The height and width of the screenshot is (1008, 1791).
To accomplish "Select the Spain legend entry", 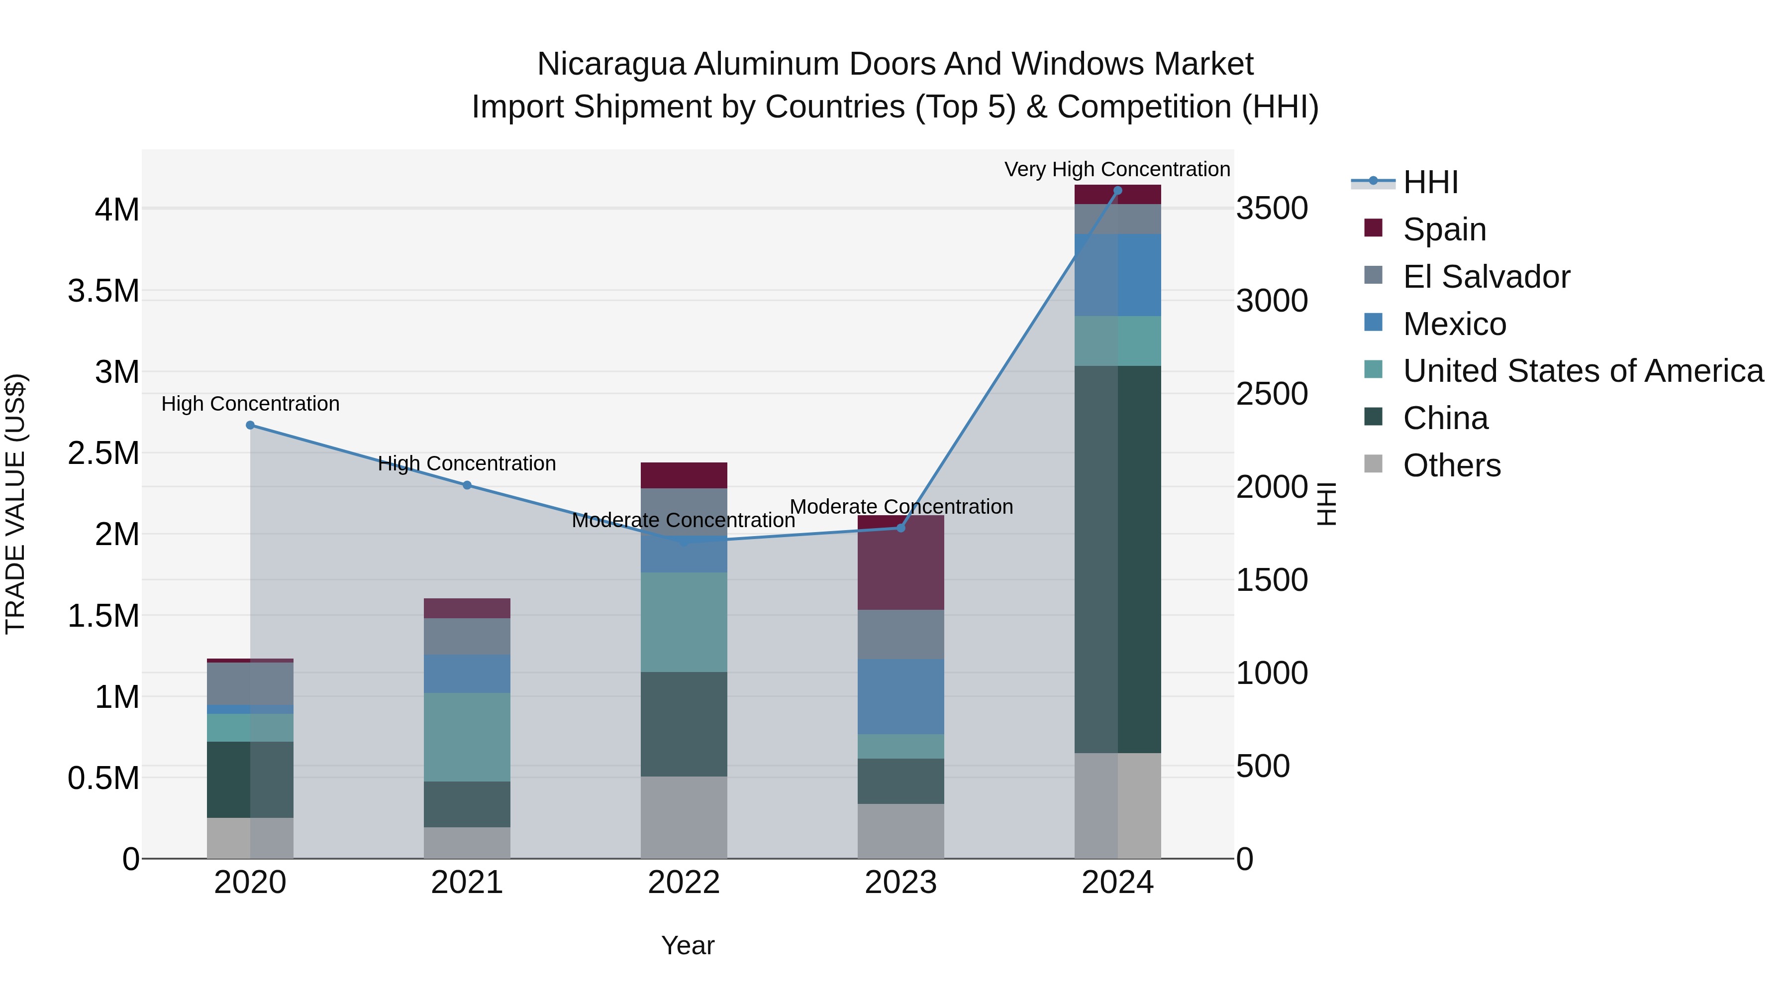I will (1444, 229).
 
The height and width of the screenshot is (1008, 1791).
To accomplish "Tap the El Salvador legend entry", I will (1486, 277).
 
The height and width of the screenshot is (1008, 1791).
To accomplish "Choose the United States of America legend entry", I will (1583, 371).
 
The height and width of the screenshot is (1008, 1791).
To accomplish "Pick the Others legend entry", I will (1452, 465).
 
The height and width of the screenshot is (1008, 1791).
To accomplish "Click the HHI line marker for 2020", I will (250, 425).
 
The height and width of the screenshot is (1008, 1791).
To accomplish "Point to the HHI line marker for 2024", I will (1118, 191).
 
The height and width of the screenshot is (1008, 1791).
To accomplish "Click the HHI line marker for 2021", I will (467, 485).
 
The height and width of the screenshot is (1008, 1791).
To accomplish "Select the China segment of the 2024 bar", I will (1118, 560).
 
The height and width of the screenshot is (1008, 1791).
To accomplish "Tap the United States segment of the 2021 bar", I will (467, 737).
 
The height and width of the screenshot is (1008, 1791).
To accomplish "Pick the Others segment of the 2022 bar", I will (684, 817).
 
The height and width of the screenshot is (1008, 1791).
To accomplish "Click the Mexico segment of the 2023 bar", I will (901, 696).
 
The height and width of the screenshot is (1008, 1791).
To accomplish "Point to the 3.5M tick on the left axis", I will (103, 291).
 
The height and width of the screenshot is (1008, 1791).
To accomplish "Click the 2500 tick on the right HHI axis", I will (1272, 394).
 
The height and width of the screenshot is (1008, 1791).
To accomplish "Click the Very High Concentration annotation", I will (1117, 169).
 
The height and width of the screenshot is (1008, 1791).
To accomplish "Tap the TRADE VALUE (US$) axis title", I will (15, 504).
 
